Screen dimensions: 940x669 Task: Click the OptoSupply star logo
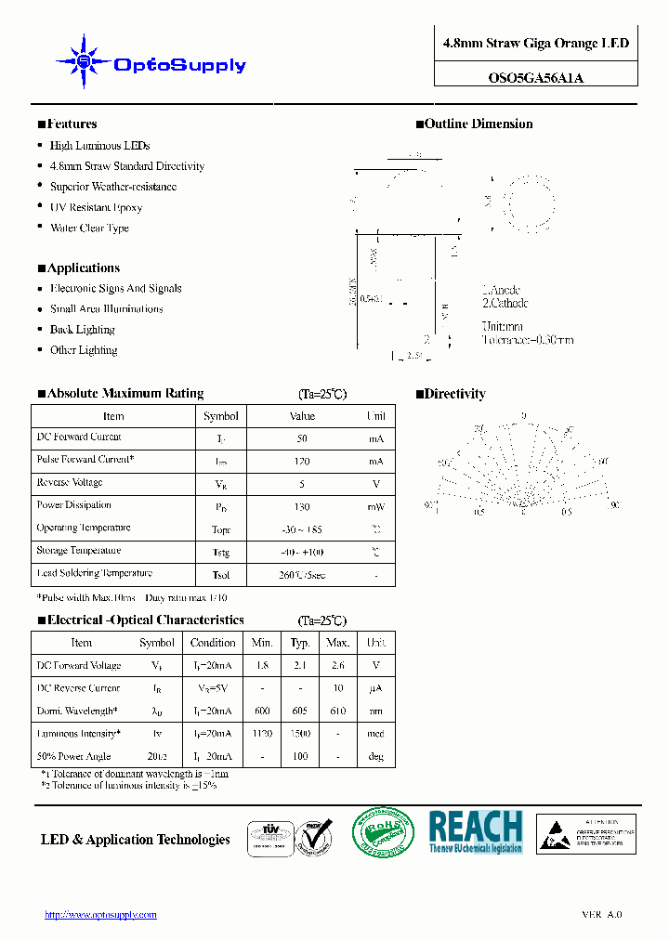(x=85, y=62)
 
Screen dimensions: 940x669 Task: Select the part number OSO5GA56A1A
(x=536, y=78)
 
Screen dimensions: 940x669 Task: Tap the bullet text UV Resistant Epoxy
(x=96, y=208)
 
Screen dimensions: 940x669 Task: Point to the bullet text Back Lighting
(x=82, y=330)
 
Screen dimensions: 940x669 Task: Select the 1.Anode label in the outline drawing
(x=501, y=291)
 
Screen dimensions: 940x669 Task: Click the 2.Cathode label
(x=505, y=304)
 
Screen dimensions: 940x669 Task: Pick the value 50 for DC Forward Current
(x=302, y=438)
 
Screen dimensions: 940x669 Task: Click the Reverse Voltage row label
(x=70, y=483)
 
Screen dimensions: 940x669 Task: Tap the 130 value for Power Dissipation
(x=302, y=507)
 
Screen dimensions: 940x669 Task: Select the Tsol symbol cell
(x=221, y=575)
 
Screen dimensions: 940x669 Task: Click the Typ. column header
(x=300, y=643)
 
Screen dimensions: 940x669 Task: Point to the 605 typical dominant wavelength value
(x=300, y=712)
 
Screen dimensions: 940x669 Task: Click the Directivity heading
(x=454, y=395)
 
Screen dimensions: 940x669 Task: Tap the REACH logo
(x=476, y=831)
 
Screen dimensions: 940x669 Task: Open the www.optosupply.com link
(x=101, y=915)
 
